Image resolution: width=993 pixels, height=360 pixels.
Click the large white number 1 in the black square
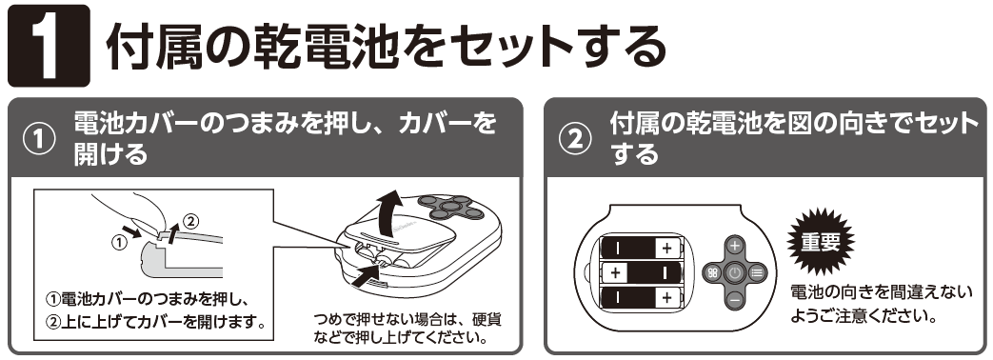49,46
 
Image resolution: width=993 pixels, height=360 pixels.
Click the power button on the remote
735,273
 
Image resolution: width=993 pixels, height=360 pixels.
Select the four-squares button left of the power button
713,273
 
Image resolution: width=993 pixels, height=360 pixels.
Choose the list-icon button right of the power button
756,273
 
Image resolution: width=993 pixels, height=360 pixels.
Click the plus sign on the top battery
666,249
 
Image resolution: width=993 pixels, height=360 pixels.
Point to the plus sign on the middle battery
614,273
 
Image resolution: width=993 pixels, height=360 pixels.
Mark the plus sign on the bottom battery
666,297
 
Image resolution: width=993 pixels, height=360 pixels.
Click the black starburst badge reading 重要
820,241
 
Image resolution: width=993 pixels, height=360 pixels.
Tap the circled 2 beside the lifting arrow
191,221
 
